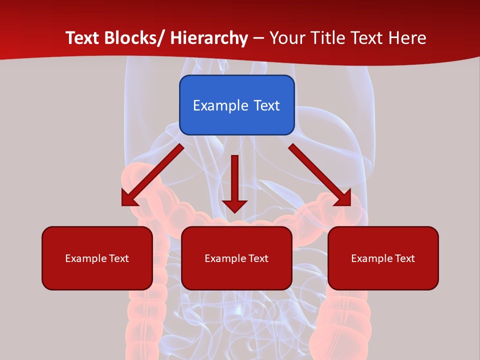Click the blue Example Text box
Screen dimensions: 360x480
[236, 105]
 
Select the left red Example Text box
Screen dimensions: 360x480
[97, 258]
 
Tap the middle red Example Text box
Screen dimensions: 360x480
[236, 258]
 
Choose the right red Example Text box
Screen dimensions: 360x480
[383, 258]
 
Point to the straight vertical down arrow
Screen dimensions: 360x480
[234, 180]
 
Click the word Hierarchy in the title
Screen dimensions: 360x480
[209, 38]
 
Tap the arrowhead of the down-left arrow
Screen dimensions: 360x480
[129, 198]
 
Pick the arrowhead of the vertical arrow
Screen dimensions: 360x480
[234, 205]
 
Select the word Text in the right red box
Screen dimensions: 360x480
[404, 258]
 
